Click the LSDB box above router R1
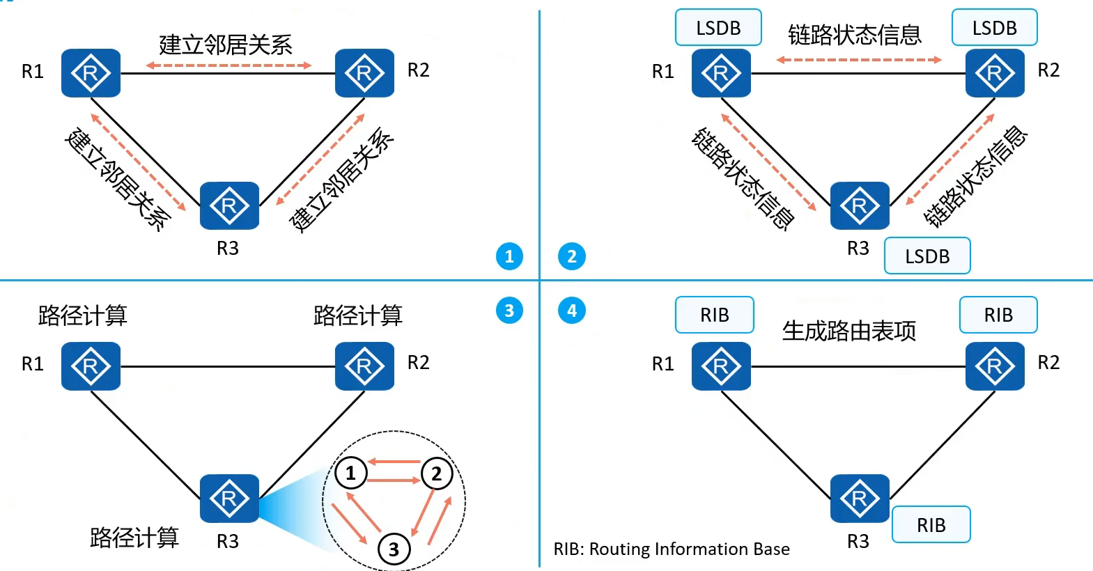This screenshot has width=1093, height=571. pos(718,27)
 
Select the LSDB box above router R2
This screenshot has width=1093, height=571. pos(995,27)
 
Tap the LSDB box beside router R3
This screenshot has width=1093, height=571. pos(927,256)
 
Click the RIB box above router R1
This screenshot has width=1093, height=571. pos(714,315)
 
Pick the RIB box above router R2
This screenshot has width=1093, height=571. pos(998,315)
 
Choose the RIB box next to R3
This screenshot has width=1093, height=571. pos(931,524)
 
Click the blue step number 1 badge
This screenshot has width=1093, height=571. pos(509,256)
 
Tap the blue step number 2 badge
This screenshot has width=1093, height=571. pos(571,256)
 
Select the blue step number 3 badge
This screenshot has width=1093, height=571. pos(509,311)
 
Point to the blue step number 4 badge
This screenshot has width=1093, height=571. pos(571,311)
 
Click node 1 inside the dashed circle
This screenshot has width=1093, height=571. pos(351,473)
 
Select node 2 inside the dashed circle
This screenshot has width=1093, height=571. pos(437,473)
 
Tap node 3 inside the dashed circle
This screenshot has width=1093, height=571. pos(394,549)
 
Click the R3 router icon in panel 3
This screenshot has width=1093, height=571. pos(229,499)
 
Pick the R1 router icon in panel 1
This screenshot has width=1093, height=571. pos(91,72)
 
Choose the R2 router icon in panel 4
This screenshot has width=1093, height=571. pos(995,366)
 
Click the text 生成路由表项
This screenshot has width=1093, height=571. pos(849,331)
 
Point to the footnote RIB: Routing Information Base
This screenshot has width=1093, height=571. pos(672,549)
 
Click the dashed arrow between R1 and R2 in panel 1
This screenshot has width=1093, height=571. pos(229,65)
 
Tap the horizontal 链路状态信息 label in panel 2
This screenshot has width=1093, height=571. pos(855,35)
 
